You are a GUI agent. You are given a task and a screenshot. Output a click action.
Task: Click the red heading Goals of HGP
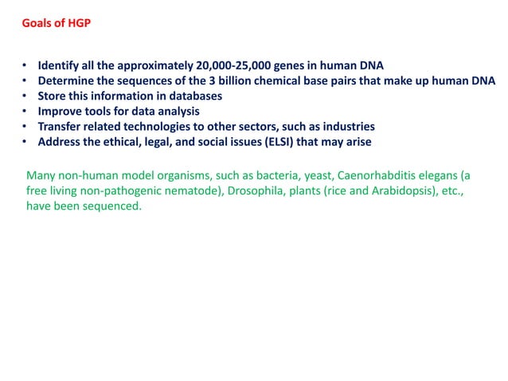coord(56,22)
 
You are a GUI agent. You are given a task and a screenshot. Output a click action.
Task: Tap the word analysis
coord(176,111)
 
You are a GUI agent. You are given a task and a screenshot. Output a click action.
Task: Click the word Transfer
coord(61,126)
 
